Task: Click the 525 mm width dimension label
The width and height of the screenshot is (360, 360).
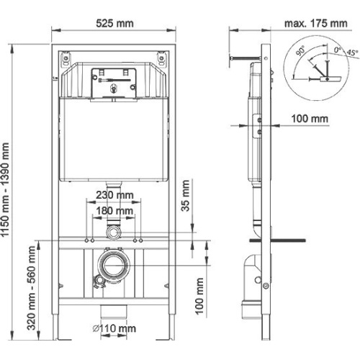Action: (x=114, y=24)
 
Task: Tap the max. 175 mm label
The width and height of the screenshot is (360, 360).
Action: (x=316, y=24)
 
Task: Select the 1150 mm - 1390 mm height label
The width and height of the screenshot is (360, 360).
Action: (x=5, y=189)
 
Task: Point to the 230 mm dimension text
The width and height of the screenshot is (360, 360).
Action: (x=114, y=195)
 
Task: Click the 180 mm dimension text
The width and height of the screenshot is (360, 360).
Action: (x=114, y=211)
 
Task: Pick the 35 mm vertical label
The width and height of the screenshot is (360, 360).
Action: (x=185, y=196)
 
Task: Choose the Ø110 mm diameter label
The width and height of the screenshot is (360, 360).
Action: (x=114, y=328)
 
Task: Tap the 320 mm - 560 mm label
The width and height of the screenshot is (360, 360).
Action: (x=32, y=288)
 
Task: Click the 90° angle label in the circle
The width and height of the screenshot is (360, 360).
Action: (x=300, y=50)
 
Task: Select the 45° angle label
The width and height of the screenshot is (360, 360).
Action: (x=352, y=53)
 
